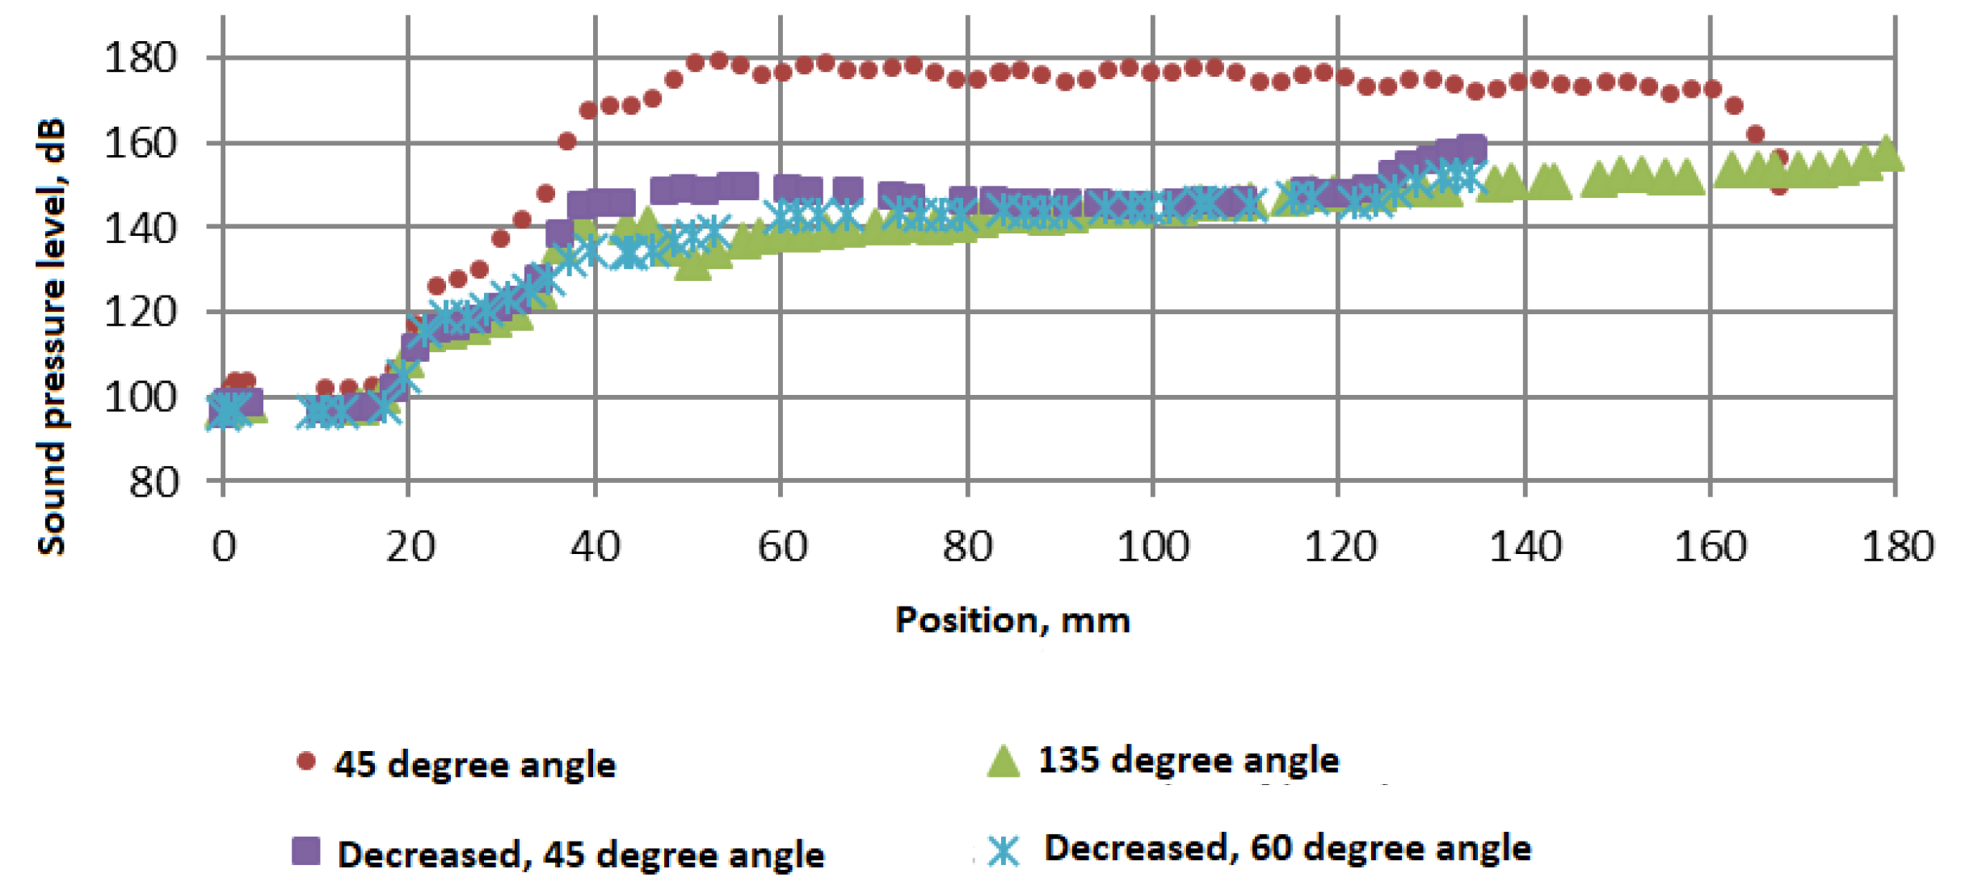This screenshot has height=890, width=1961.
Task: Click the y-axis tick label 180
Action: [x=140, y=58]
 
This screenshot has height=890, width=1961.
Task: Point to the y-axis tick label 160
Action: [x=140, y=144]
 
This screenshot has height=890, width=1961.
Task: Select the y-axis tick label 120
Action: [x=140, y=313]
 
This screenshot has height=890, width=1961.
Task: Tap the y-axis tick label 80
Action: [x=154, y=483]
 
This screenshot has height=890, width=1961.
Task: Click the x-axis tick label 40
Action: [x=595, y=548]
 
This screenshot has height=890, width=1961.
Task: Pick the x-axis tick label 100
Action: [x=1152, y=548]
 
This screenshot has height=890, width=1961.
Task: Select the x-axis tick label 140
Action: [x=1525, y=548]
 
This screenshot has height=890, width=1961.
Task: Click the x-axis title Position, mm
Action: [x=1012, y=621]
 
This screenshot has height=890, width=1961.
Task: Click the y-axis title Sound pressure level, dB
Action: [x=52, y=338]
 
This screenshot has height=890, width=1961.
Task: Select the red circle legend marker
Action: [x=305, y=762]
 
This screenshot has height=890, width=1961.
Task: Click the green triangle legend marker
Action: [x=1004, y=762]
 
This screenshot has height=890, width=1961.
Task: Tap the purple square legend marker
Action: [x=305, y=850]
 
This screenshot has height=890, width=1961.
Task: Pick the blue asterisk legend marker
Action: [x=1004, y=850]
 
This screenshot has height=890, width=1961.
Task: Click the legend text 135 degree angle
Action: [x=1189, y=760]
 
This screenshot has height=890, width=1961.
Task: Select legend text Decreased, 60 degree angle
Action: [x=1287, y=848]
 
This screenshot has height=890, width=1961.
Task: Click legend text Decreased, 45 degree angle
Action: [x=581, y=854]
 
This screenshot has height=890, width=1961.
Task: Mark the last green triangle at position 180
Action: [x=1887, y=154]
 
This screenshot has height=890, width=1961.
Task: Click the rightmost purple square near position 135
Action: [x=1472, y=149]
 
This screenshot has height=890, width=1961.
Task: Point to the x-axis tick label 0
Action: [x=224, y=548]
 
